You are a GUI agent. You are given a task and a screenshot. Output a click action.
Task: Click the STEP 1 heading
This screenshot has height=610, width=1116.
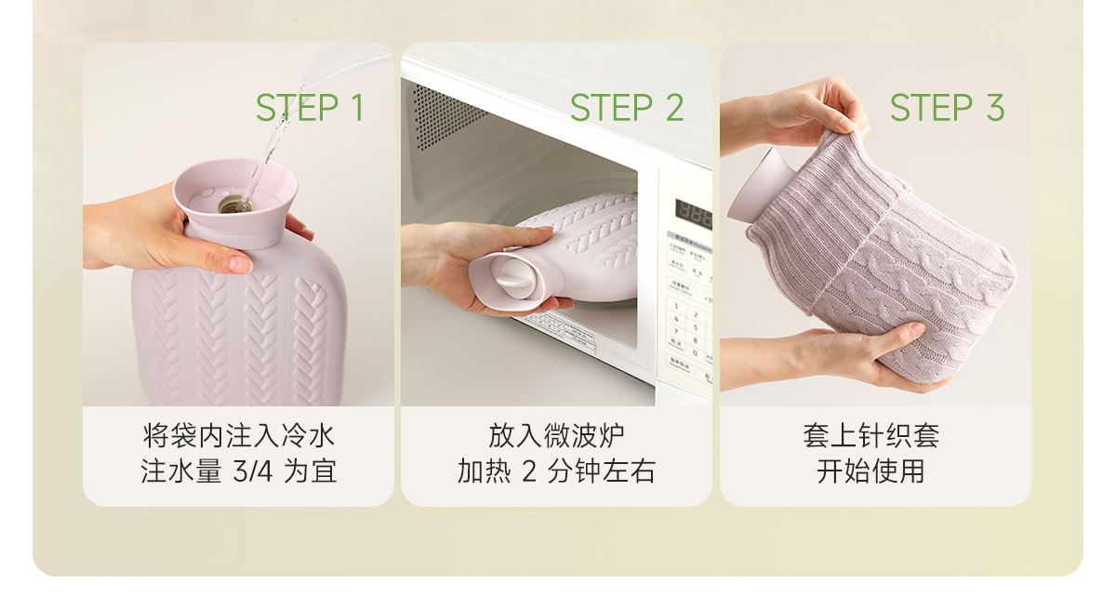point(310,108)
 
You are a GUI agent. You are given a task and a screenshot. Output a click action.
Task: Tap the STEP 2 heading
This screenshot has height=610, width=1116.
point(627,108)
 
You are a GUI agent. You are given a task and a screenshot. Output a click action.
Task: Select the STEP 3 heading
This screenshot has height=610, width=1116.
point(947,108)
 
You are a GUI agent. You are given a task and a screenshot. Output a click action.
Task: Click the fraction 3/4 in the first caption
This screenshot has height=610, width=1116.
point(253,471)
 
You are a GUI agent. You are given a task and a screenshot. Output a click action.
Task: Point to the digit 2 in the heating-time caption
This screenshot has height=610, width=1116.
point(529,471)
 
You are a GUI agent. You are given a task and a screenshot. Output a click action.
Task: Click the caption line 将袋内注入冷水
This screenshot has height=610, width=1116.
point(238,436)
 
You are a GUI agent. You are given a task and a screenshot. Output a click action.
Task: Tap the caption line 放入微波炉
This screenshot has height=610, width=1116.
point(556,436)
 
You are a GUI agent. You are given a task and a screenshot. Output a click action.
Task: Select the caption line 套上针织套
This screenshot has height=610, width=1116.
point(870,436)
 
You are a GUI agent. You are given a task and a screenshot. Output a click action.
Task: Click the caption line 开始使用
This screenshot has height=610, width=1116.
point(870,471)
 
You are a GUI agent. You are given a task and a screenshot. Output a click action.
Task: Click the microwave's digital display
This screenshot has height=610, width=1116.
point(694,213)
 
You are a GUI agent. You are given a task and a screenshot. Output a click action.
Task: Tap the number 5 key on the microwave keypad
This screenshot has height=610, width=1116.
point(696,327)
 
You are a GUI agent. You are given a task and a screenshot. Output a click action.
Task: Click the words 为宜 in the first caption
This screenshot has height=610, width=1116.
point(310,471)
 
